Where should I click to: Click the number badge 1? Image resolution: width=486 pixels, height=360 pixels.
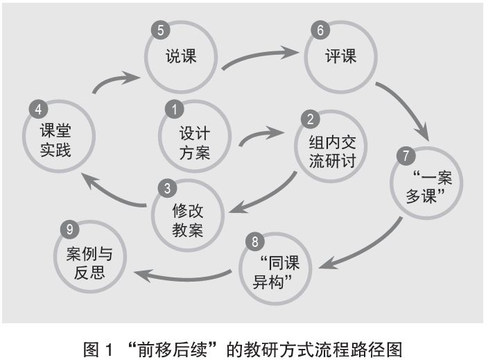[x=174, y=108]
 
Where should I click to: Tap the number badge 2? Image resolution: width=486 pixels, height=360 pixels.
[x=309, y=119]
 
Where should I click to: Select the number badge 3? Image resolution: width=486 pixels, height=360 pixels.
[x=165, y=187]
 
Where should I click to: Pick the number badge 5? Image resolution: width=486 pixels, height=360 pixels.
[x=160, y=31]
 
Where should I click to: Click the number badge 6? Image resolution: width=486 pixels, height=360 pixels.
[x=319, y=31]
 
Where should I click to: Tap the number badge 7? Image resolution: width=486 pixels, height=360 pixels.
[x=405, y=155]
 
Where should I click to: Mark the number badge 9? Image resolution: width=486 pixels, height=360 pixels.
[x=67, y=228]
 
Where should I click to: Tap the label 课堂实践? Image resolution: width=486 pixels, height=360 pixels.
[x=55, y=139]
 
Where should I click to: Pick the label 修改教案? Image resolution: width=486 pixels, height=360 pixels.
[x=187, y=221]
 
